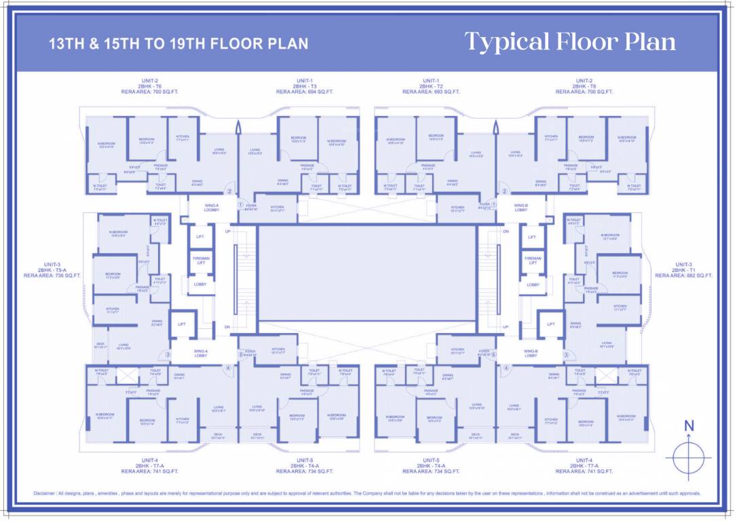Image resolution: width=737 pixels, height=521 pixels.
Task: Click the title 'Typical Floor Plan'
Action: point(570,42)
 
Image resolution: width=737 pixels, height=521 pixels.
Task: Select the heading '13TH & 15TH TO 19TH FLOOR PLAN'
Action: point(178,44)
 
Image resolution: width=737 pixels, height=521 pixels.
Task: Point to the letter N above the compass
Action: point(689,426)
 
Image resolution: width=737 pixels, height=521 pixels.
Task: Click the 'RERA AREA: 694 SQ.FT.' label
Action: point(305,92)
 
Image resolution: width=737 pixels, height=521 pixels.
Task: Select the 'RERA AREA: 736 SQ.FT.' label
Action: point(52,275)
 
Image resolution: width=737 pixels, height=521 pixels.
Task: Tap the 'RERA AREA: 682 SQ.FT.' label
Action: point(683,275)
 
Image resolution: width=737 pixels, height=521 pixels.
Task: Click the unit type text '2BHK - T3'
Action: point(305,86)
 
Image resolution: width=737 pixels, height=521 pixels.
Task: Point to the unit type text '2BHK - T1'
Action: point(683,270)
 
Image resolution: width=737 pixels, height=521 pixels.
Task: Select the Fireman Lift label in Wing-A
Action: point(201,260)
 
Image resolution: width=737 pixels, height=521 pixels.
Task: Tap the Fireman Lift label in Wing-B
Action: point(533,260)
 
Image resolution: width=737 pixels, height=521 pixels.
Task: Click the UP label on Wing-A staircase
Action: point(227,231)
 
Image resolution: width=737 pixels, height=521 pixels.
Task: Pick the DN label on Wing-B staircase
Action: point(506,231)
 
